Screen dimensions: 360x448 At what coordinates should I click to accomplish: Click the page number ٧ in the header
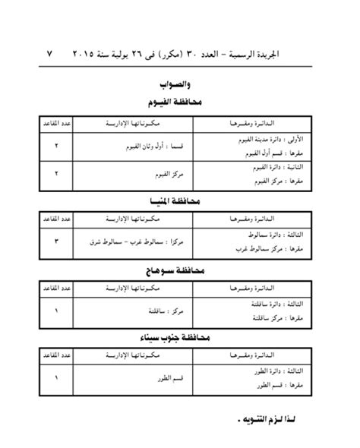pos(50,55)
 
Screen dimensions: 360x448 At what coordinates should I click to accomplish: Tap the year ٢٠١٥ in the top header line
pos(89,55)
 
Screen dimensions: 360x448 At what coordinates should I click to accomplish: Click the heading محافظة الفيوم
pos(180,104)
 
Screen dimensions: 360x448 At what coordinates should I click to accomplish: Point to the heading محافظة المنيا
pos(180,201)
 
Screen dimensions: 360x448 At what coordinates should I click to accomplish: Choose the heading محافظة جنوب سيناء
pos(180,337)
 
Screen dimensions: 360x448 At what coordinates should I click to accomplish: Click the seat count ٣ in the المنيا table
pos(55,241)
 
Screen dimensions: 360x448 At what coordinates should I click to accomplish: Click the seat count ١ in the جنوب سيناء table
pos(55,377)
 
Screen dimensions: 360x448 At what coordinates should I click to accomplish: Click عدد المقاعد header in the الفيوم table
pos(55,123)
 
